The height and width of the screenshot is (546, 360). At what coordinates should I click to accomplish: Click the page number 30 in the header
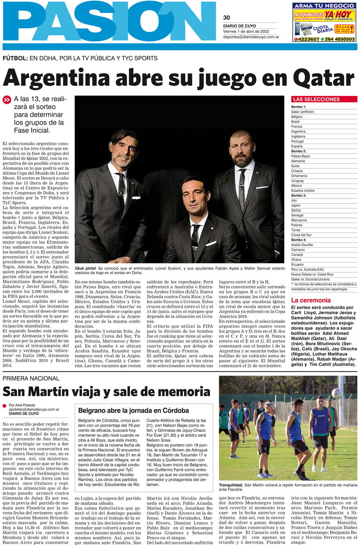(226, 18)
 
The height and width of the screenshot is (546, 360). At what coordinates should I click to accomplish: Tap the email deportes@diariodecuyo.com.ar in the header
(251, 37)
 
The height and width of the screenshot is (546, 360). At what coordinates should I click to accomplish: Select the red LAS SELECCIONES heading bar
(324, 99)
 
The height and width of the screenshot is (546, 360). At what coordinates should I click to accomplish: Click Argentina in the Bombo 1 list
(298, 132)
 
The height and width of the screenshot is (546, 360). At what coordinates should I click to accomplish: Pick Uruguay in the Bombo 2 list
(298, 181)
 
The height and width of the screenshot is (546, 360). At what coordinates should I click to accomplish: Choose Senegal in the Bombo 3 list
(297, 215)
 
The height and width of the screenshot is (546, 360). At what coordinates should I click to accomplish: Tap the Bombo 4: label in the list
(299, 240)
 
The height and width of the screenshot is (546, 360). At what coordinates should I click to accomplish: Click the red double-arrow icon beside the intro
(7, 99)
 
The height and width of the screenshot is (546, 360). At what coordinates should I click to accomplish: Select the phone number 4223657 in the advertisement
(308, 39)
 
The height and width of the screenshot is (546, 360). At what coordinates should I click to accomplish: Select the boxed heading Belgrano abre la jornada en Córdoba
(133, 410)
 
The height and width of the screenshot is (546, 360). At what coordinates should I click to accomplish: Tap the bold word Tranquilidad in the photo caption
(232, 485)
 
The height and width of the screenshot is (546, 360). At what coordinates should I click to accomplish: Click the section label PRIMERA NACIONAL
(31, 378)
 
